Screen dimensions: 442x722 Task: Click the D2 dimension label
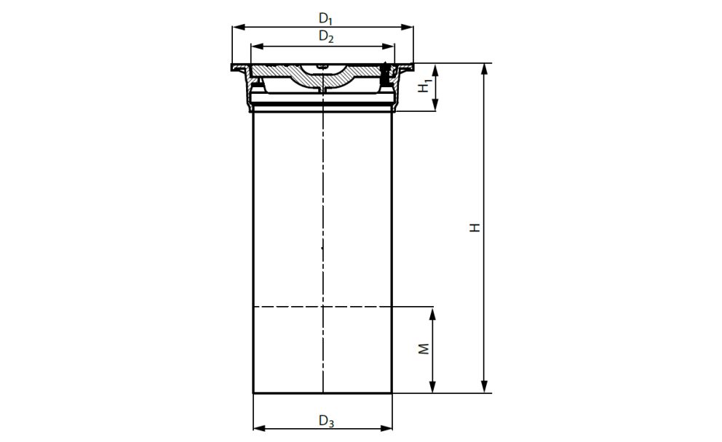(x=325, y=36)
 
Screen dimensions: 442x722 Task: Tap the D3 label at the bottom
(x=326, y=420)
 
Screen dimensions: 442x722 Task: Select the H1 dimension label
(x=424, y=87)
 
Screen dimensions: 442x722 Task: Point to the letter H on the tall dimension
(x=474, y=228)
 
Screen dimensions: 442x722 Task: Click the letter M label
(x=424, y=350)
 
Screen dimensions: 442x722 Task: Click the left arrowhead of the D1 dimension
(x=236, y=27)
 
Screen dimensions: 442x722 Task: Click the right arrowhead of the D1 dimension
(x=410, y=27)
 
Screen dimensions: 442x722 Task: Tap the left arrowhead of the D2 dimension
(x=255, y=46)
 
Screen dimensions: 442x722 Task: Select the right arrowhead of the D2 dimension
(x=391, y=46)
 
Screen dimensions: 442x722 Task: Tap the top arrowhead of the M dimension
(x=433, y=312)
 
